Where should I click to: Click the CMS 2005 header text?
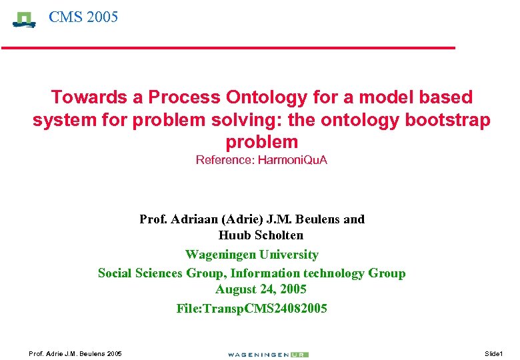click(83, 17)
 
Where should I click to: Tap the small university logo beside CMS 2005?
click(25, 19)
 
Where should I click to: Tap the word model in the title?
click(383, 97)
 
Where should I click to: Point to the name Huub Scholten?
click(261, 235)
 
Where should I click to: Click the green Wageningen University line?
click(251, 255)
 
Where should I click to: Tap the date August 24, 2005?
click(261, 290)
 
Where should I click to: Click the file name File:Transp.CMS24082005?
click(251, 309)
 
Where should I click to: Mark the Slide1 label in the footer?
click(494, 353)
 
